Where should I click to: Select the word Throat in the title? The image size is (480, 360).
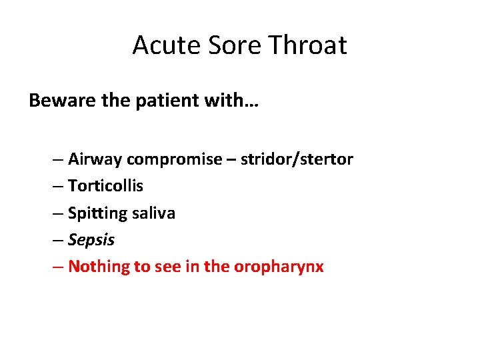307,45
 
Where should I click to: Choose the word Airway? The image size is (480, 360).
95,159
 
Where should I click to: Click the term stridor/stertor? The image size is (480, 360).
297,159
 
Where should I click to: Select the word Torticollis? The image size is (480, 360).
105,186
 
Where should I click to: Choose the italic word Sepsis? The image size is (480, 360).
91,240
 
